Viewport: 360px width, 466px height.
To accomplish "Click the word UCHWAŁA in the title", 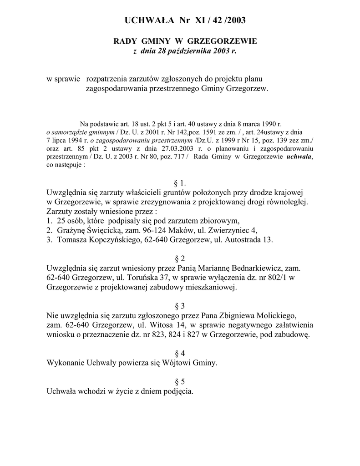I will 147,20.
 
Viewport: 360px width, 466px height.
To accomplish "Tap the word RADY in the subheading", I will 124,41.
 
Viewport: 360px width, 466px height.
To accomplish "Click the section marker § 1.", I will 180,182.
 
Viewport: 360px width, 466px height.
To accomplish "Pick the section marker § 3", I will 180,305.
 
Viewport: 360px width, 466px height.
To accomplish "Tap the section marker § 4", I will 180,353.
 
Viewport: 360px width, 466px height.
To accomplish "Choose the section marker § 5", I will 180,381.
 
